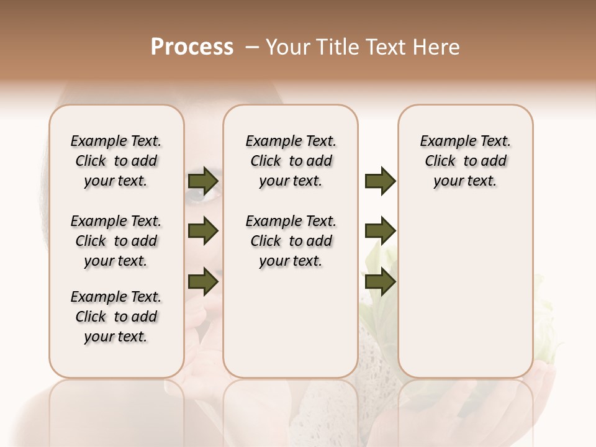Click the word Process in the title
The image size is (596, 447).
point(192,47)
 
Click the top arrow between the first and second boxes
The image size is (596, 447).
point(203,181)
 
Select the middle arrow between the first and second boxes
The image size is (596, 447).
point(203,232)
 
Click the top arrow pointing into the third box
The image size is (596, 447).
point(380,181)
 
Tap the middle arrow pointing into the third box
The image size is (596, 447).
point(380,231)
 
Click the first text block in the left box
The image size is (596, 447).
point(116,161)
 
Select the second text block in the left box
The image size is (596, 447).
point(116,241)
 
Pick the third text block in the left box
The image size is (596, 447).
point(116,317)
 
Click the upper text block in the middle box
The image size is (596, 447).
point(291,161)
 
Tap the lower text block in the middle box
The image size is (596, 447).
point(291,241)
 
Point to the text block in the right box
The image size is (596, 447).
point(466,161)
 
